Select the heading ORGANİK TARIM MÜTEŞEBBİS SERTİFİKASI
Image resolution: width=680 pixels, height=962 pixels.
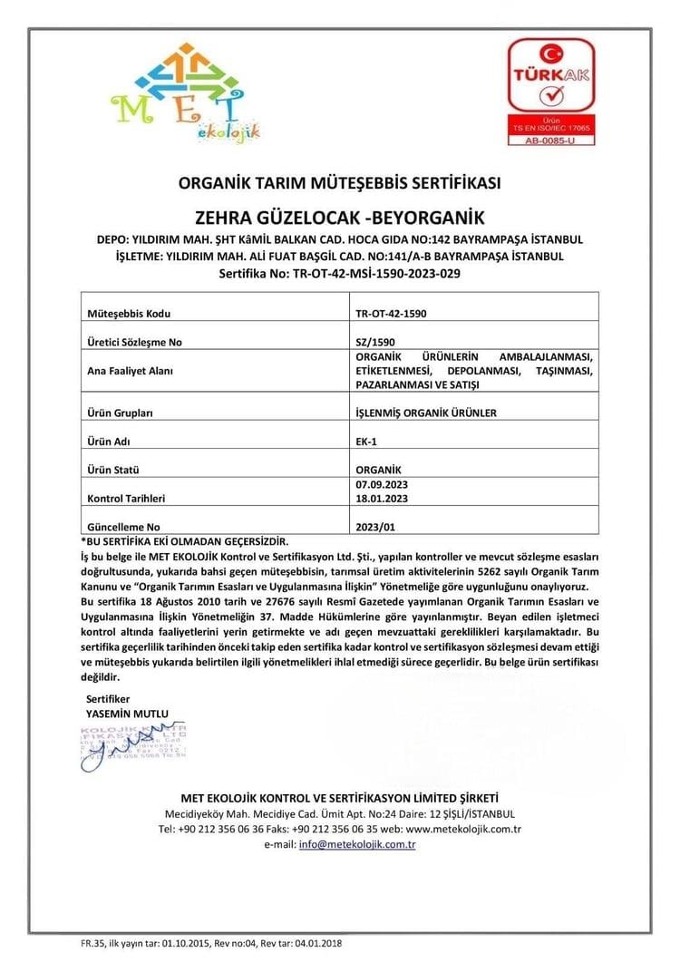339,183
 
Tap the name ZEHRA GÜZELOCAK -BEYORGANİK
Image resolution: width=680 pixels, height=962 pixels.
340,218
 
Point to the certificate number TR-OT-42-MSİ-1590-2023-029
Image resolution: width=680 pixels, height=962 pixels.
340,272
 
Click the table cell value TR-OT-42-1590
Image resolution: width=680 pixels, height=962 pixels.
392,314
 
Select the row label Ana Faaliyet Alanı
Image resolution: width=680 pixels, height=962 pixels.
129,371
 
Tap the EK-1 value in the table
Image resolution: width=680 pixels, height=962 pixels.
367,441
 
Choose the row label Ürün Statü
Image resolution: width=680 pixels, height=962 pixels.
118,470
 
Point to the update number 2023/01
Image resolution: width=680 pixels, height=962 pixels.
376,526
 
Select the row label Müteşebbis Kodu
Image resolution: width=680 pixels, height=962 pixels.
129,314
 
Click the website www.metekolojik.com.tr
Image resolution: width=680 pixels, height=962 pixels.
462,829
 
